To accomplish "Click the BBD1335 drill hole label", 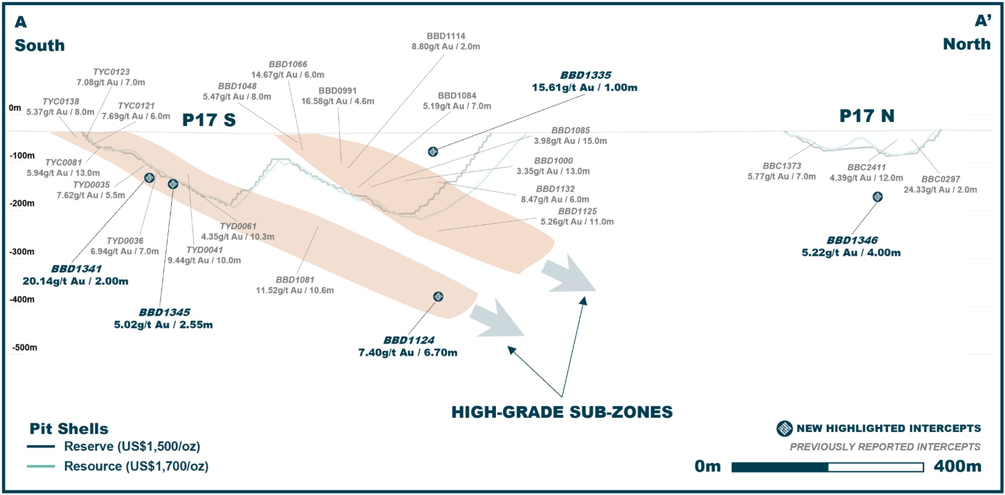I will [x=585, y=75].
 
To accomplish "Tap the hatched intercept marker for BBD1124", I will [x=438, y=296].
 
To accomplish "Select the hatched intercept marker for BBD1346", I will [x=878, y=197].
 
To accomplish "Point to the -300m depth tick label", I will [x=22, y=252].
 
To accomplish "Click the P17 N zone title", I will [x=866, y=116].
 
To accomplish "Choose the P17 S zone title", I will [x=209, y=120].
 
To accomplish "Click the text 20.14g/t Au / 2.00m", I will [x=75, y=281].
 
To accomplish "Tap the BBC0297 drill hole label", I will [x=941, y=179].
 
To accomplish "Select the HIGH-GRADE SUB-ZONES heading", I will [x=562, y=412].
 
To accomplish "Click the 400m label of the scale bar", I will [x=957, y=466].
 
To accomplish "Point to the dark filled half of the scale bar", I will [x=780, y=467].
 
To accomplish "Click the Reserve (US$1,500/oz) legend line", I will [x=41, y=447].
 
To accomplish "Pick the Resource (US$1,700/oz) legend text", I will [x=136, y=466].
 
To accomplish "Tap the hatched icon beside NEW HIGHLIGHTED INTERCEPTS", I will [x=784, y=428].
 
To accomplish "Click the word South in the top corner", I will [x=40, y=45].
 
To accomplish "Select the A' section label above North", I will [x=983, y=21].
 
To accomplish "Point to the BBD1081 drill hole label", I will [x=295, y=280].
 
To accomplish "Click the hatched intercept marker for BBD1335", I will [x=433, y=151].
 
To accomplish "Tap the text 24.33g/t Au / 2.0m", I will [x=940, y=190].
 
